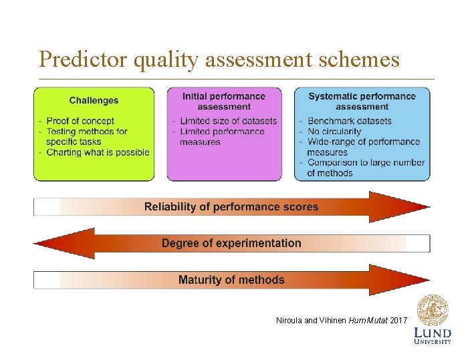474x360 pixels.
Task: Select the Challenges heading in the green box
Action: point(94,101)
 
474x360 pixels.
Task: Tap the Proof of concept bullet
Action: point(80,121)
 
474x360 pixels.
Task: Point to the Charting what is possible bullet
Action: point(98,152)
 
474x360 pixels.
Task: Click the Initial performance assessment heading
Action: point(224,101)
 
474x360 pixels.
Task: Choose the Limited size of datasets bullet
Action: point(228,121)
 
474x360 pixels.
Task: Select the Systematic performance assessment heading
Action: point(362,101)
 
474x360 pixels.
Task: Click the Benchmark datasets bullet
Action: point(349,121)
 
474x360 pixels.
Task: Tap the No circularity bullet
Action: point(334,132)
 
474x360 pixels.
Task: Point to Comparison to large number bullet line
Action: point(366,162)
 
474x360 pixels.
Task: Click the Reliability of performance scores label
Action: point(231,207)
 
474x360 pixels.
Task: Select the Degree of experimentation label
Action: point(231,243)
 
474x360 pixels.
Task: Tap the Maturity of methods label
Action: point(231,280)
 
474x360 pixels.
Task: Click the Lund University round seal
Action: point(433,310)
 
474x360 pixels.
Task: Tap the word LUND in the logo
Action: point(433,333)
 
